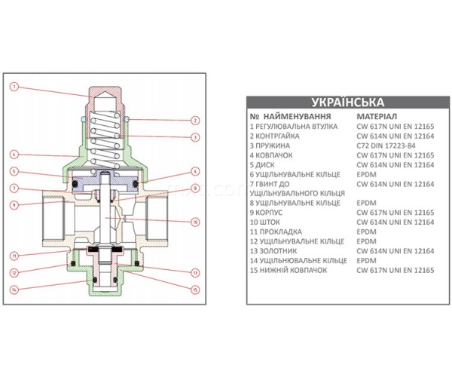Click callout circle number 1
(x=14, y=87)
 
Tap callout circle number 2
(x=195, y=121)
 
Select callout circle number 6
(x=195, y=171)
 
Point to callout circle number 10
(x=195, y=222)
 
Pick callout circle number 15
(x=195, y=290)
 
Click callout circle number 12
(x=14, y=273)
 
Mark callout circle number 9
(x=14, y=205)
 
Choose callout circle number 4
(x=14, y=155)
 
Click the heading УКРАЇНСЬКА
(x=348, y=103)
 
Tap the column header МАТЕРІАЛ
(x=377, y=117)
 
